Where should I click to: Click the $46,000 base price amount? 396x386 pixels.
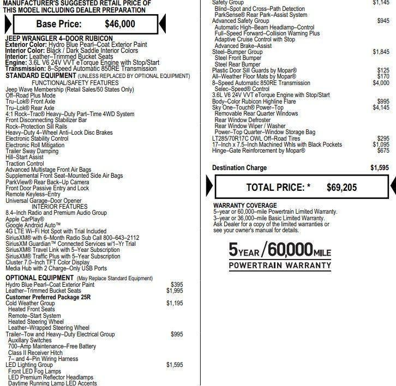point(120,23)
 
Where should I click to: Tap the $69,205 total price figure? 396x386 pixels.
point(341,188)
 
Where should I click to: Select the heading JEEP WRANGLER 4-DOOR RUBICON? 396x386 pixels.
point(59,38)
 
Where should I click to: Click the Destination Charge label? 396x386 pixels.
point(239,168)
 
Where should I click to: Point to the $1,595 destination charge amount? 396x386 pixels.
point(380,168)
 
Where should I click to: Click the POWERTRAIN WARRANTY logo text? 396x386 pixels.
point(279,266)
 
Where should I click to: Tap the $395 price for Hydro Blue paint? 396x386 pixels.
point(177,285)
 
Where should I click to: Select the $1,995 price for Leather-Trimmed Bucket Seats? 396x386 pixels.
point(175,291)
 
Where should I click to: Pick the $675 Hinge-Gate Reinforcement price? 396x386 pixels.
point(383,150)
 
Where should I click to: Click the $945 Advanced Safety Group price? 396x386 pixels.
point(383,21)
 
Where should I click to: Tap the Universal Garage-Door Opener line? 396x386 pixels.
point(44,201)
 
